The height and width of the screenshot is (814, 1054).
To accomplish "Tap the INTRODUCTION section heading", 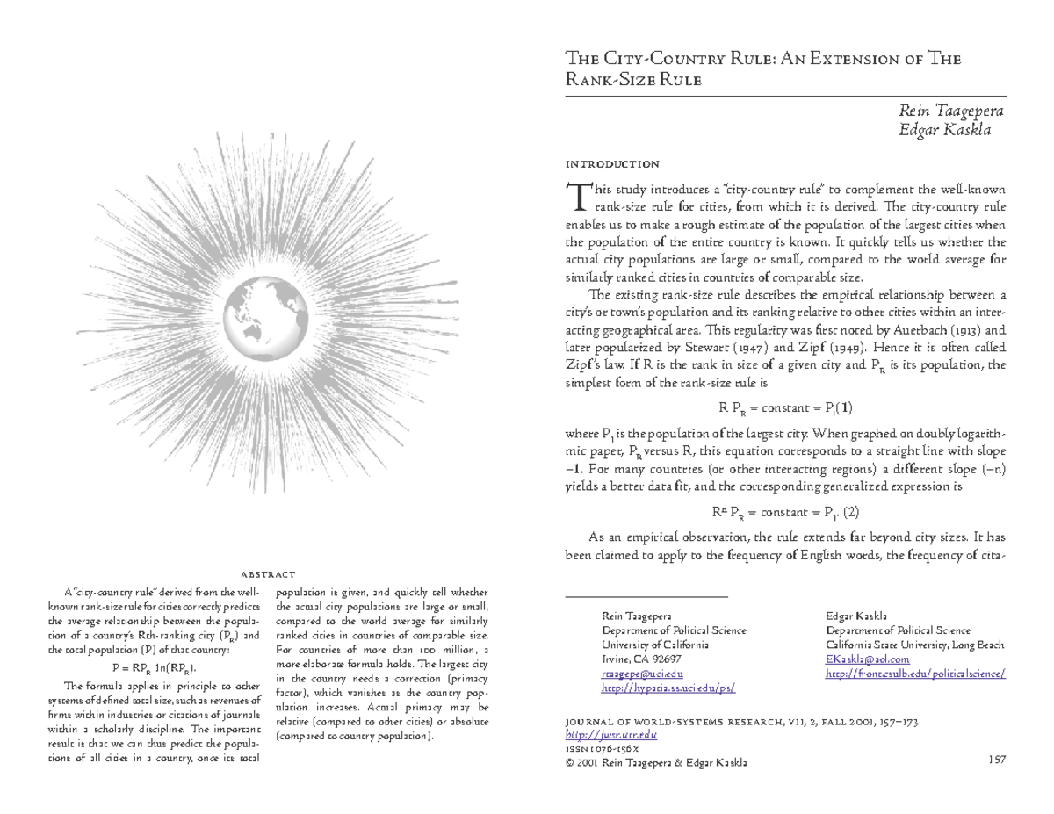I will click(x=612, y=164).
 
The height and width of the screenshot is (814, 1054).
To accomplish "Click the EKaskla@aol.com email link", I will click(x=868, y=659).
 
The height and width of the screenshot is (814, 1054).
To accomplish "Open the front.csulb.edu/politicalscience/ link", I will click(x=916, y=674).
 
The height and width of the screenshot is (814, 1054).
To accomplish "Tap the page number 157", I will click(x=996, y=760).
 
